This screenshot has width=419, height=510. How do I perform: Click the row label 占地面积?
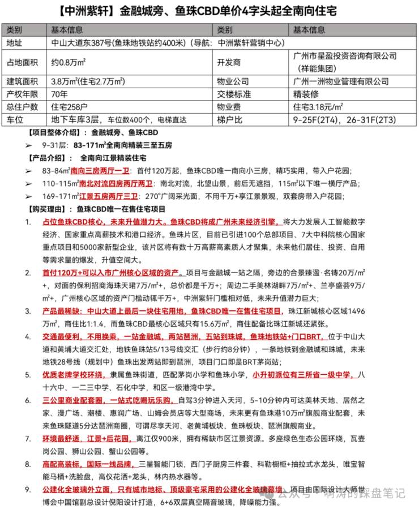pos(22,63)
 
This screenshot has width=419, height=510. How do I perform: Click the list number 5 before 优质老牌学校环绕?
pos(28,375)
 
